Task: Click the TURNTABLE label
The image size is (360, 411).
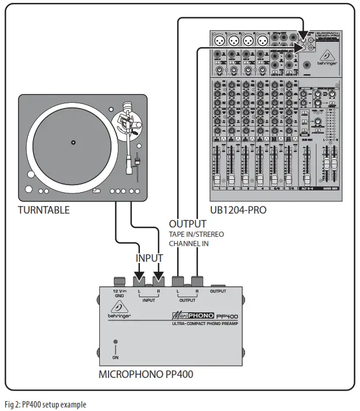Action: [44, 210]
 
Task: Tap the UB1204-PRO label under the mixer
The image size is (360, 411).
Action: [239, 210]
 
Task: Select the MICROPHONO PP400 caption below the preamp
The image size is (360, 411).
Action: [146, 374]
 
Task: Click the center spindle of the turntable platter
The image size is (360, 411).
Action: [73, 142]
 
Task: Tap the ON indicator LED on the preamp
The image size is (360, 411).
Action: [115, 342]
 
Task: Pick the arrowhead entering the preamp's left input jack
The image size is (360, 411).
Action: [140, 273]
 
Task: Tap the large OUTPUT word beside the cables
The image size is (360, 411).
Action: [188, 223]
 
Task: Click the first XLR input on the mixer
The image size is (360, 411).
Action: [221, 41]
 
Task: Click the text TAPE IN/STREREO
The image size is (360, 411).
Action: [196, 234]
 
